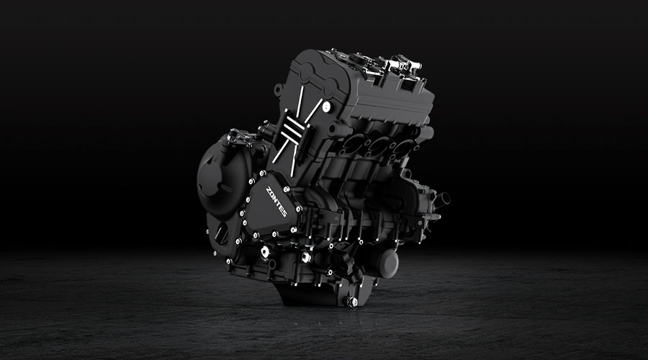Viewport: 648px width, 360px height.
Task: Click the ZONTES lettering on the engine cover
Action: tap(276, 202)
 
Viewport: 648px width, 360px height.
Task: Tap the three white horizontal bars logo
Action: tap(294, 127)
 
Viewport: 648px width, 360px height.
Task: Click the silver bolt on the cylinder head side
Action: tap(327, 107)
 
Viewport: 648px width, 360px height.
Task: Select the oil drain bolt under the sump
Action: tap(352, 302)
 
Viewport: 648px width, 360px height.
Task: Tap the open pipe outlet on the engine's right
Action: tap(443, 199)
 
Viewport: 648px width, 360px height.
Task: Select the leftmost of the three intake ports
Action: tap(354, 143)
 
